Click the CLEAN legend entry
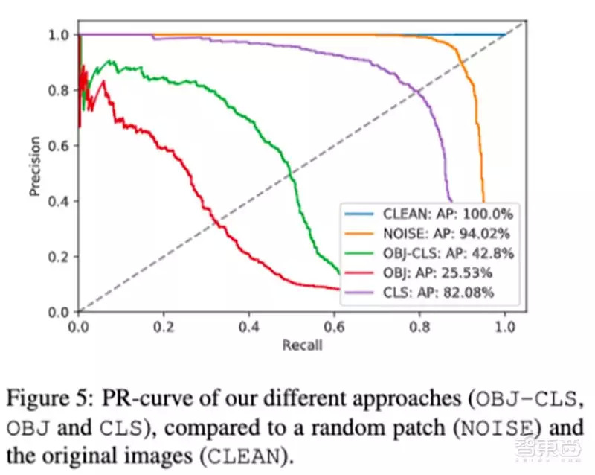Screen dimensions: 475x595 tap(428, 214)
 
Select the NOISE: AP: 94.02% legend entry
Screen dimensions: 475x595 tap(428, 233)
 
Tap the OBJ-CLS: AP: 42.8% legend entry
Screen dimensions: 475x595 tap(428, 252)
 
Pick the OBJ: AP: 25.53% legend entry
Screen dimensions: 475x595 tap(428, 272)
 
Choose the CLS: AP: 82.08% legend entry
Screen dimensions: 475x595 tap(428, 292)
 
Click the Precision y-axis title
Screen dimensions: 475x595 tap(35, 171)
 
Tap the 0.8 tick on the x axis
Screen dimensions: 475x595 tap(420, 325)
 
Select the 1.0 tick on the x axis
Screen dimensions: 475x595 tap(506, 325)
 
